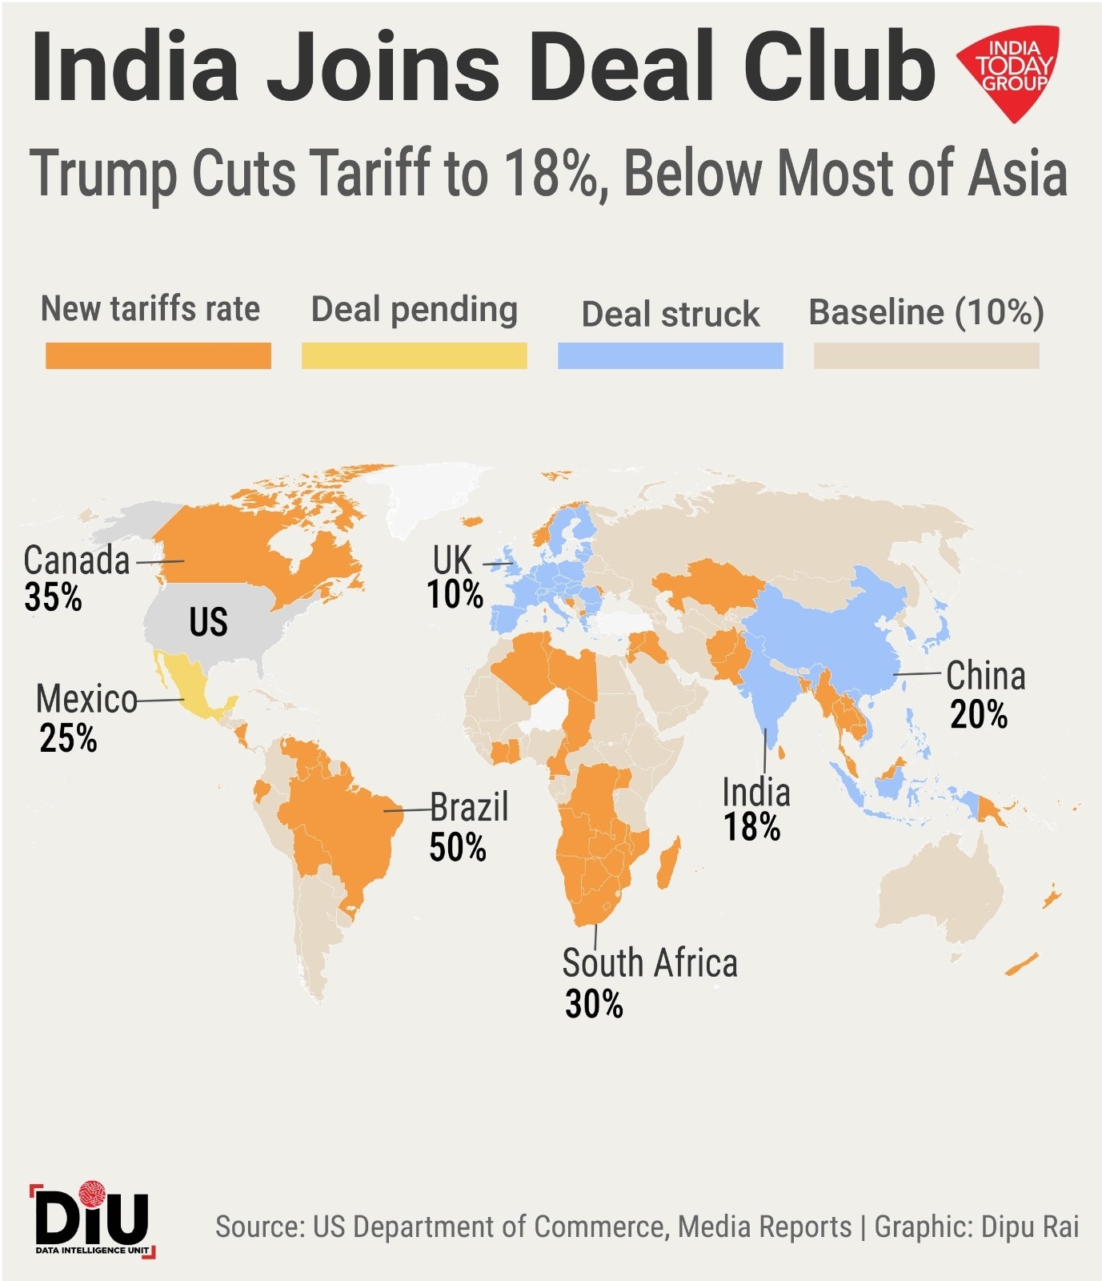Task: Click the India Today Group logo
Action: point(1010,71)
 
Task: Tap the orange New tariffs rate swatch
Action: point(158,355)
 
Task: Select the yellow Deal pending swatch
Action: point(414,355)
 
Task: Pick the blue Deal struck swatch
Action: point(670,355)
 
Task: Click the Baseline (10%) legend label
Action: point(926,312)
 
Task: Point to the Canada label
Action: point(77,560)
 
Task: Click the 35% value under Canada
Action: point(53,597)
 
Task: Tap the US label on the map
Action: point(208,622)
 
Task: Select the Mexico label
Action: point(86,699)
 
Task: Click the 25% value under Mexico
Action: point(68,738)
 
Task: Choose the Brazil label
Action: point(469,807)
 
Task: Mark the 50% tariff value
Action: point(458,848)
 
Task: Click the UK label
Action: point(452,560)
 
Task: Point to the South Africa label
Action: point(649,963)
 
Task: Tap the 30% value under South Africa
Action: point(594,1004)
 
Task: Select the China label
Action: point(985,677)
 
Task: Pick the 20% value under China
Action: point(979,714)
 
